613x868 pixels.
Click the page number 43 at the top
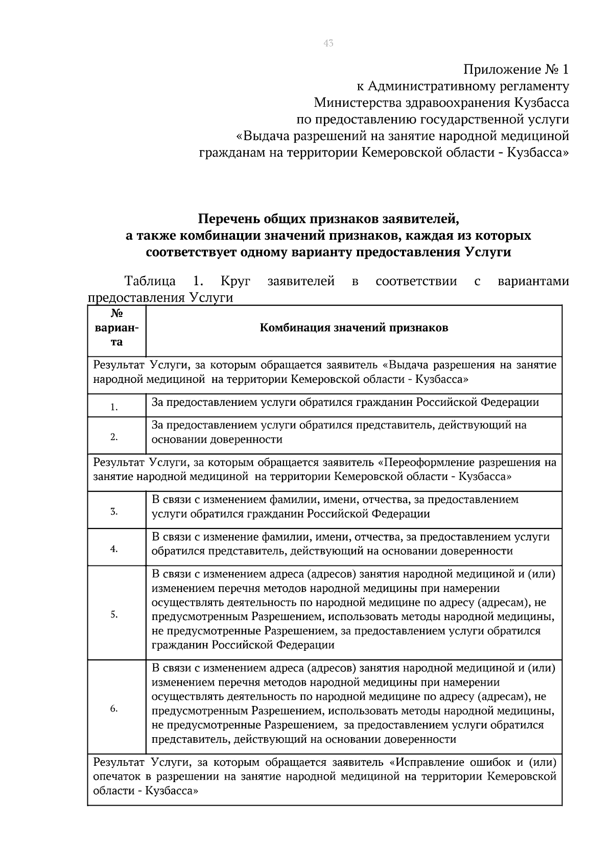[328, 43]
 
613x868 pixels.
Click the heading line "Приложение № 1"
[516, 69]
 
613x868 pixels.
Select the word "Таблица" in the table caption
[150, 281]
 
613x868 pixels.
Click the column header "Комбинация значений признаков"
[354, 328]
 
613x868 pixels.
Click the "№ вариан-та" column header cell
[117, 328]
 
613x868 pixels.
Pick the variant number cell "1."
[114, 407]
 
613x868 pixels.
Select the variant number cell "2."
[114, 437]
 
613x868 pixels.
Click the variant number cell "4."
[114, 549]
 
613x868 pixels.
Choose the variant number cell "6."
[114, 709]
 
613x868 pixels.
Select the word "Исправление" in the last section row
[429, 762]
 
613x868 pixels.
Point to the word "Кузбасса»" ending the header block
[538, 152]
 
